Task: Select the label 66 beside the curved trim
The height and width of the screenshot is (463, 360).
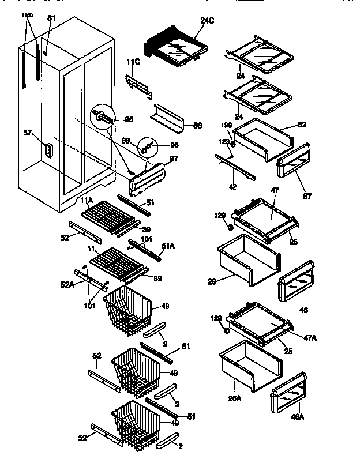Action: (x=197, y=125)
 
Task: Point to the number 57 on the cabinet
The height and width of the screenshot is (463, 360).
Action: (x=27, y=133)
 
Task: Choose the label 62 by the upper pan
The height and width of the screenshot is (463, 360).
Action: (x=302, y=125)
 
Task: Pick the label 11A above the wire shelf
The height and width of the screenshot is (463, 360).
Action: (x=87, y=200)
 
